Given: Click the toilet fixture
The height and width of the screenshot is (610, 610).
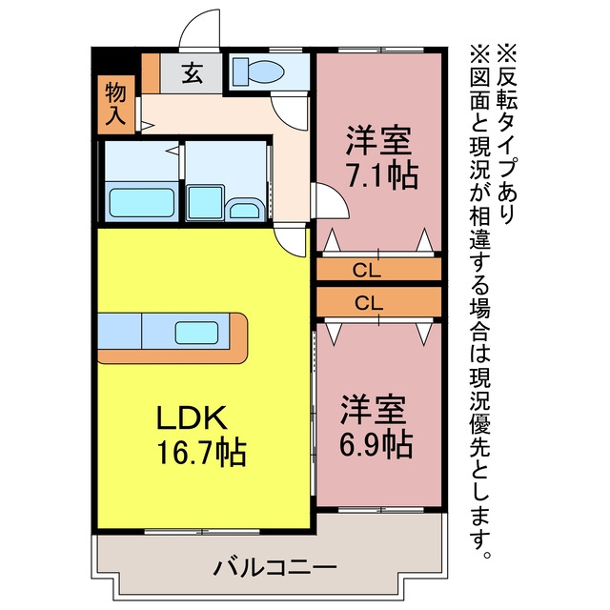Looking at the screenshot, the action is coord(258,71).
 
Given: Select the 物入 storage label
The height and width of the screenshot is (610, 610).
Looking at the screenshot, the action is coord(116,104).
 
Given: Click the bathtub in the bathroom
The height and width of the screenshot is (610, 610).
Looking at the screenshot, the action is coord(142,203).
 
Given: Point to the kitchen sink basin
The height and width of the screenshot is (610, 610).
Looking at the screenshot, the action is coord(196,333).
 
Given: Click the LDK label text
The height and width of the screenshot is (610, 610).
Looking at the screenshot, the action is coord(192,417).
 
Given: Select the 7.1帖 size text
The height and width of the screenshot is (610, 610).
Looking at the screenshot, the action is coord(382,175).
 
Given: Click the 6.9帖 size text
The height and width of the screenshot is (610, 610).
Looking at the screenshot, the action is coord(376,444).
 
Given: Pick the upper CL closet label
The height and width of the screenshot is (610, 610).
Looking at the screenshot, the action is coord(366,270).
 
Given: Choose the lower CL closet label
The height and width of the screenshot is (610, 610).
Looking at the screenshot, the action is coord(369,303).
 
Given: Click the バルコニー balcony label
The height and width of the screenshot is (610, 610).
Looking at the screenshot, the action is coord(274,568).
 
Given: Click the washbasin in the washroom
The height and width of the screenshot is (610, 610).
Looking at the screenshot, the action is coord(244,209).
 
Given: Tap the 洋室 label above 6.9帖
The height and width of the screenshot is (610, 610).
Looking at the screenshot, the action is coord(374,410).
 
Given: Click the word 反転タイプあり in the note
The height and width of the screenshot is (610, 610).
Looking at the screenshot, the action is coord(507,145).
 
